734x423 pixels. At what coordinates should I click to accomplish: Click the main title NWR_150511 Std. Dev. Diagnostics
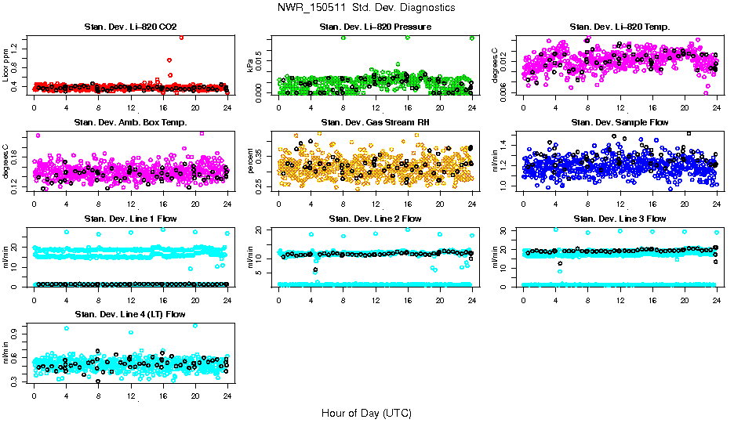coord(366,7)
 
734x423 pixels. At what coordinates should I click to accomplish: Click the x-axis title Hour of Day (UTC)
coord(366,413)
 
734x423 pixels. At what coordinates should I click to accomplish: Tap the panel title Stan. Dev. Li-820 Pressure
coord(376,27)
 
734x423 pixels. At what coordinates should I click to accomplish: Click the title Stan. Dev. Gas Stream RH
coord(376,122)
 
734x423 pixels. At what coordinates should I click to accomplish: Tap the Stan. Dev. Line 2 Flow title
coord(376,219)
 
